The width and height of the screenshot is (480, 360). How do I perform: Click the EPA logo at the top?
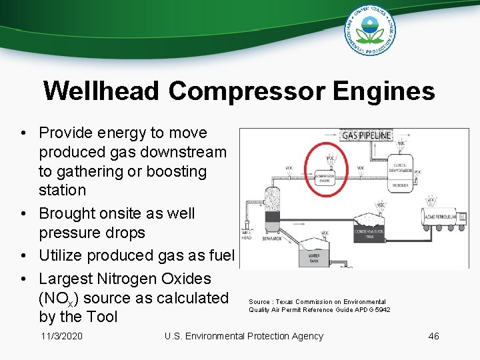[x=369, y=31]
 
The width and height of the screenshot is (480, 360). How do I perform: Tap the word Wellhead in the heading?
[x=101, y=91]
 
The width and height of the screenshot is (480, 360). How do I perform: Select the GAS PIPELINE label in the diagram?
[x=366, y=135]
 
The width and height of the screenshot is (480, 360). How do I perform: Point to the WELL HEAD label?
[x=246, y=235]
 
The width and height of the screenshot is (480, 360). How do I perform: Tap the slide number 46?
[x=433, y=336]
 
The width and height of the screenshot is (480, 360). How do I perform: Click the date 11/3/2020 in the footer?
[x=61, y=336]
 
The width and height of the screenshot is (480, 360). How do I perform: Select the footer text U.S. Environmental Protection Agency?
[x=243, y=336]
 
